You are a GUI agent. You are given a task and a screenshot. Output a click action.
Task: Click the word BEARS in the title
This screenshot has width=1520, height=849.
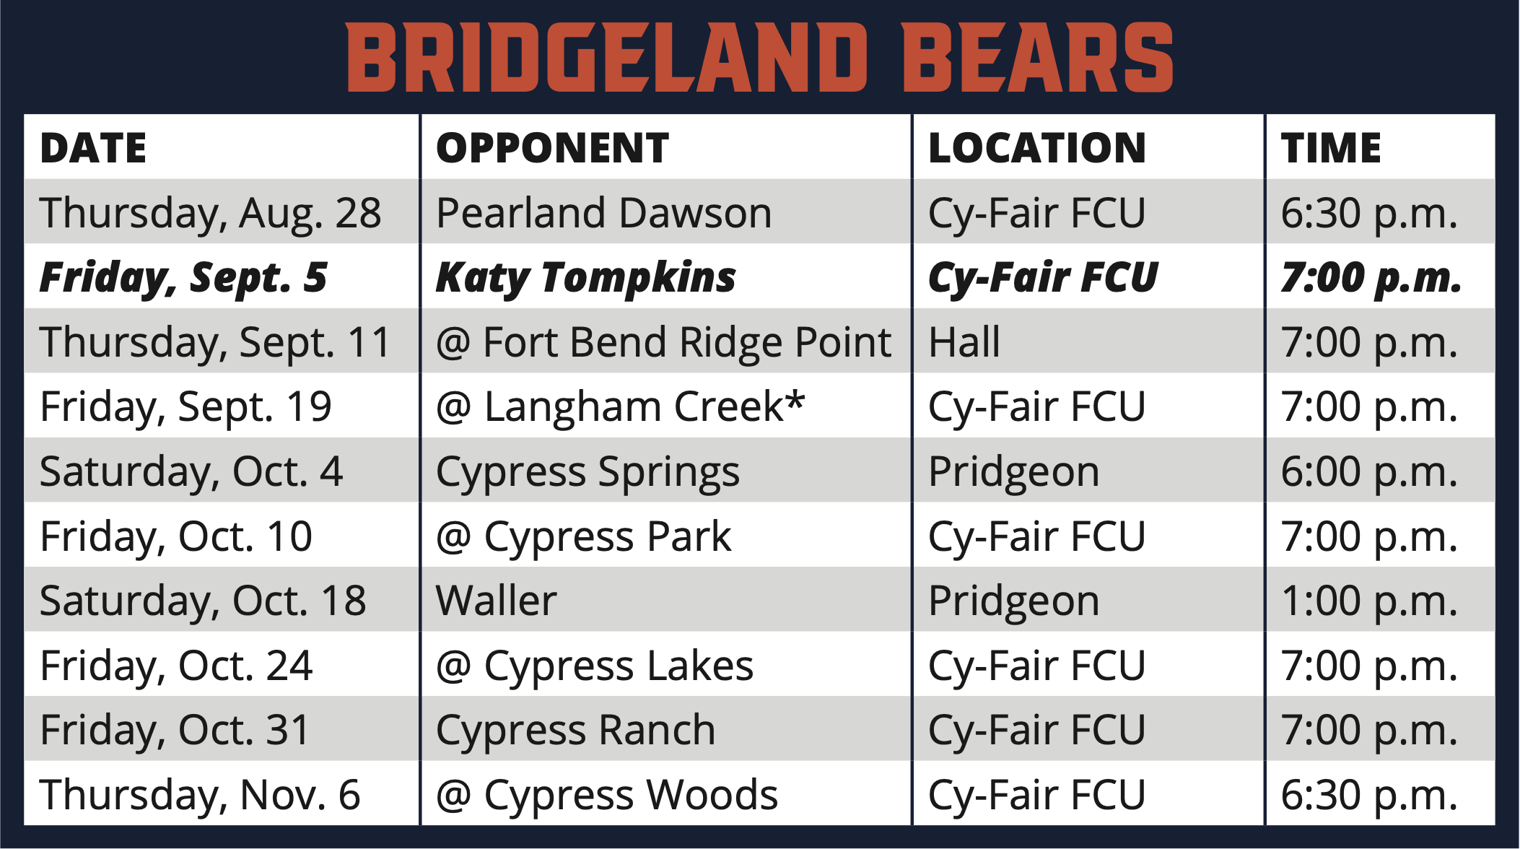pyautogui.click(x=1037, y=58)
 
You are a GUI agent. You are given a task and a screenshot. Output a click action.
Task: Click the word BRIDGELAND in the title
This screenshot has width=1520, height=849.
pyautogui.click(x=607, y=58)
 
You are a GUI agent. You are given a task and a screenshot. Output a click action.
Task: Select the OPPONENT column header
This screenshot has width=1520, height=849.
pyautogui.click(x=553, y=148)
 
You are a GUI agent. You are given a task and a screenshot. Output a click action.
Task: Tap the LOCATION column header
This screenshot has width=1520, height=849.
pyautogui.click(x=1037, y=148)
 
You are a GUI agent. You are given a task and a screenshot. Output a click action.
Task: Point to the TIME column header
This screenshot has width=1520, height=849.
pyautogui.click(x=1331, y=148)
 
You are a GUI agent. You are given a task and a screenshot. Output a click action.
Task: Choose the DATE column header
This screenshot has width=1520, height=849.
pyautogui.click(x=94, y=148)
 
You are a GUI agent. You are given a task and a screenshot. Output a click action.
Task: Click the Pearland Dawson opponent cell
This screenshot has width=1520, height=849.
pyautogui.click(x=604, y=213)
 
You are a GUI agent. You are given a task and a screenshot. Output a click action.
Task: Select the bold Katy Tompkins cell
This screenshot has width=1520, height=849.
pyautogui.click(x=586, y=278)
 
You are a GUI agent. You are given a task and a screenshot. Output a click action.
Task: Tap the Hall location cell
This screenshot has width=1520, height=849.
pyautogui.click(x=964, y=341)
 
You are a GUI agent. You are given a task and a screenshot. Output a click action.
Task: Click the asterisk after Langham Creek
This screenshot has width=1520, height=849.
pyautogui.click(x=795, y=399)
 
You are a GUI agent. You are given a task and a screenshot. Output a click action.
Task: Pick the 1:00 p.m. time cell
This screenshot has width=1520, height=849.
pyautogui.click(x=1369, y=601)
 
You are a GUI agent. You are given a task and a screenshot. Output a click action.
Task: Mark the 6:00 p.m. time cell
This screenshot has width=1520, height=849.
pyautogui.click(x=1369, y=472)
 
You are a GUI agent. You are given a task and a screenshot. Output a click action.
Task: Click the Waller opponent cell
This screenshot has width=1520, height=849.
pyautogui.click(x=497, y=601)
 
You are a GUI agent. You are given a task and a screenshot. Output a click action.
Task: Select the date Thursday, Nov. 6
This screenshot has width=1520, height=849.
pyautogui.click(x=200, y=796)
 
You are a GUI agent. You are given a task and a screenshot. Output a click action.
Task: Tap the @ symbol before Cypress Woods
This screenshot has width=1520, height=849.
pyautogui.click(x=454, y=796)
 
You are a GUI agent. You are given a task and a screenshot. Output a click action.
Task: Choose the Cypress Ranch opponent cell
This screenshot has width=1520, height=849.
pyautogui.click(x=576, y=731)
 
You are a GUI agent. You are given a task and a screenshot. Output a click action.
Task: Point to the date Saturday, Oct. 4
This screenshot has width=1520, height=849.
pyautogui.click(x=191, y=472)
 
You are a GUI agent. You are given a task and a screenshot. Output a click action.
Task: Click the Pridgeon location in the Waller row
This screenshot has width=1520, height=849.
pyautogui.click(x=1014, y=602)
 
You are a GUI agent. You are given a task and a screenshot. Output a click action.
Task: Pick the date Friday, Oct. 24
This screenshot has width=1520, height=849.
pyautogui.click(x=177, y=666)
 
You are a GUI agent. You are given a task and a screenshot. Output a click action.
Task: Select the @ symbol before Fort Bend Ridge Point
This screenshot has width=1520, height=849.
pyautogui.click(x=454, y=343)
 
